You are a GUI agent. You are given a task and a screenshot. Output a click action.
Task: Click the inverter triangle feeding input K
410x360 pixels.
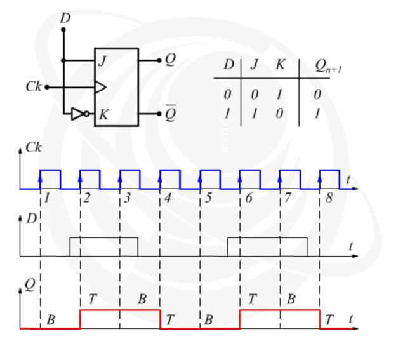[x=77, y=114]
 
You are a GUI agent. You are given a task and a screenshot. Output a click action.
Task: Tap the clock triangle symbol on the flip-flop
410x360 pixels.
[x=100, y=87]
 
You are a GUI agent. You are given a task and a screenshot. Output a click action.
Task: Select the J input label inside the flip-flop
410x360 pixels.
[x=103, y=61]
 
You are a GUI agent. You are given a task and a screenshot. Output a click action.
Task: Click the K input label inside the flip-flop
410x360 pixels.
[x=103, y=114]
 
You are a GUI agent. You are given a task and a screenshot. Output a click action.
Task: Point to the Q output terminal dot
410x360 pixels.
[x=159, y=60]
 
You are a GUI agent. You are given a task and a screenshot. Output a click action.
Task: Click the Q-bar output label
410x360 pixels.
[x=171, y=113]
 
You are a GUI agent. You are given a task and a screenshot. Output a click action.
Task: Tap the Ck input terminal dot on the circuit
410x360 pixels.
[x=47, y=87]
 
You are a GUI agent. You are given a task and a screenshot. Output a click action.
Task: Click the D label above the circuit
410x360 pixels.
[x=65, y=18]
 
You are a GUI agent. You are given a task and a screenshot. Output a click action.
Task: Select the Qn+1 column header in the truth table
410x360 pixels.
[x=328, y=66]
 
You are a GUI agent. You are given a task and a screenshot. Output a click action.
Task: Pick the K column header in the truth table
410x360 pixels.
[x=281, y=64]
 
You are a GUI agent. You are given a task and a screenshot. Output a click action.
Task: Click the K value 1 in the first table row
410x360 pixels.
[x=279, y=94]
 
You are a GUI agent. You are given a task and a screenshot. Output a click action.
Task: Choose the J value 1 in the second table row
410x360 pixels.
[x=254, y=114]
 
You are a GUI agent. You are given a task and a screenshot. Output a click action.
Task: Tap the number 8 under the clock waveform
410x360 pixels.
[x=329, y=198]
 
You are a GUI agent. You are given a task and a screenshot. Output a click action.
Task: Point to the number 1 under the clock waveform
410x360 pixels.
[x=47, y=198]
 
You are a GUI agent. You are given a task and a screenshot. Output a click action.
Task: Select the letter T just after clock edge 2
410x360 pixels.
[x=93, y=298]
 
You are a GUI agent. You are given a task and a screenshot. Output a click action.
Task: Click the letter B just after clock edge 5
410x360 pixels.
[x=209, y=319]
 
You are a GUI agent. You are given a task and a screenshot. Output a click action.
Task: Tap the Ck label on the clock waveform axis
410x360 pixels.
[x=34, y=147]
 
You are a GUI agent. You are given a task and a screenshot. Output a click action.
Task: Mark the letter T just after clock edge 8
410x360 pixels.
[x=329, y=319]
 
